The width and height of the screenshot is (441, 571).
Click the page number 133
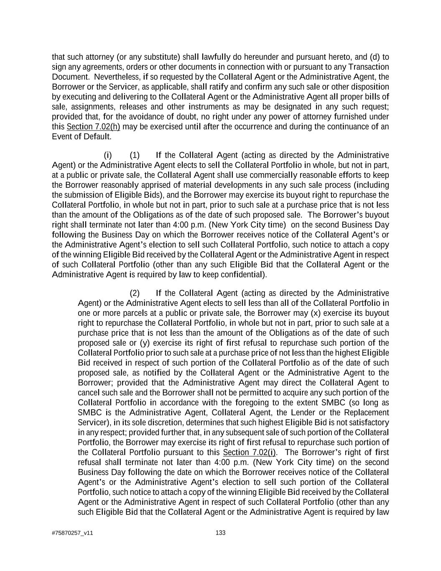pyautogui.click(x=220, y=533)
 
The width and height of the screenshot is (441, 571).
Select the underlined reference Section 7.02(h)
pyautogui.click(x=93, y=127)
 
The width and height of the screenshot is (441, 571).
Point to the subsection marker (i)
pyautogui.click(x=108, y=155)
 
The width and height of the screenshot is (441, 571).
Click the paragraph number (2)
pyautogui.click(x=135, y=293)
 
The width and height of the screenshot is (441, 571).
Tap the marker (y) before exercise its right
pyautogui.click(x=145, y=343)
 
